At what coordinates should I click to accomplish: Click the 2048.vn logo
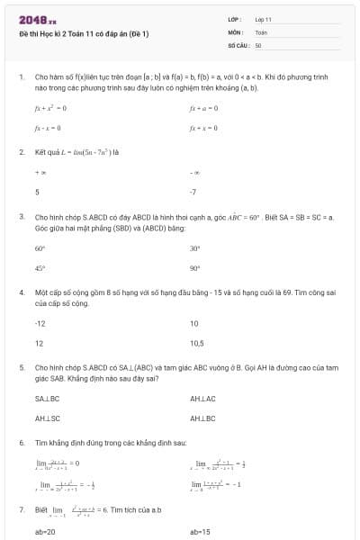click(38, 19)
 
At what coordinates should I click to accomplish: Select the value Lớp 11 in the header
click(264, 19)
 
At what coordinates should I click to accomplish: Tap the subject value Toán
click(261, 31)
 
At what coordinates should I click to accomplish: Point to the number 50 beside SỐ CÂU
click(258, 44)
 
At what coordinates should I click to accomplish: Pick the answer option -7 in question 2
click(193, 192)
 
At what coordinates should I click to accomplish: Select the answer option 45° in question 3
click(40, 268)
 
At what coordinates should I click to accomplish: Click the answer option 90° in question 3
click(195, 268)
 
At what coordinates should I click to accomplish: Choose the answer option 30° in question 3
click(195, 248)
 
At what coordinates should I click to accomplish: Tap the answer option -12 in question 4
click(40, 323)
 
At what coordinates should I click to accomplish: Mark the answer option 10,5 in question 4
click(196, 344)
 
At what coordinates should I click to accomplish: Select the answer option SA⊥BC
click(47, 398)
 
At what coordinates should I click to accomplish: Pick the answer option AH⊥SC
click(47, 418)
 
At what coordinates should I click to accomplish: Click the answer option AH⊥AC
click(203, 398)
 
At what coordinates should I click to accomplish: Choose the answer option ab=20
click(45, 532)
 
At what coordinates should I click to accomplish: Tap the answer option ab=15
click(201, 532)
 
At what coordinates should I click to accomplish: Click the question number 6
click(21, 444)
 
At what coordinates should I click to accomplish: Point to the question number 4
click(21, 293)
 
